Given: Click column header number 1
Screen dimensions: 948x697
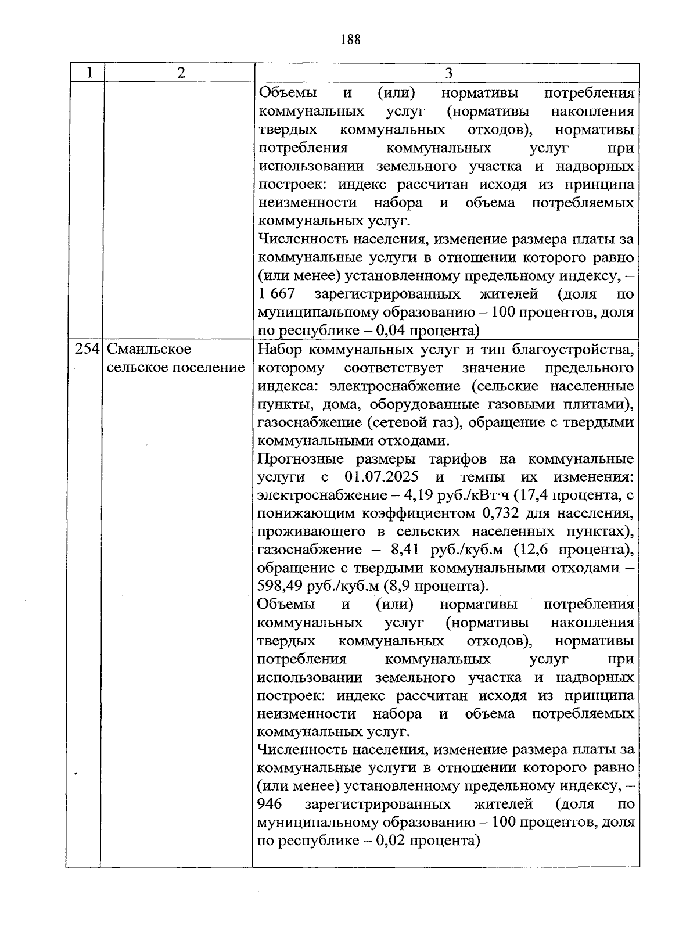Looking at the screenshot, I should click(x=89, y=73).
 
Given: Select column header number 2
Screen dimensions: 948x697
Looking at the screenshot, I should click(x=181, y=73).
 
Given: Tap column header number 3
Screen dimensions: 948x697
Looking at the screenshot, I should click(x=448, y=73).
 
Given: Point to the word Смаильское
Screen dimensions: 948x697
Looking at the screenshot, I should click(x=150, y=350).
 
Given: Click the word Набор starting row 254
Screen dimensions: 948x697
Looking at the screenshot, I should click(x=279, y=350).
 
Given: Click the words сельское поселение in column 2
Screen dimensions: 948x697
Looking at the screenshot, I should click(x=175, y=368).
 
